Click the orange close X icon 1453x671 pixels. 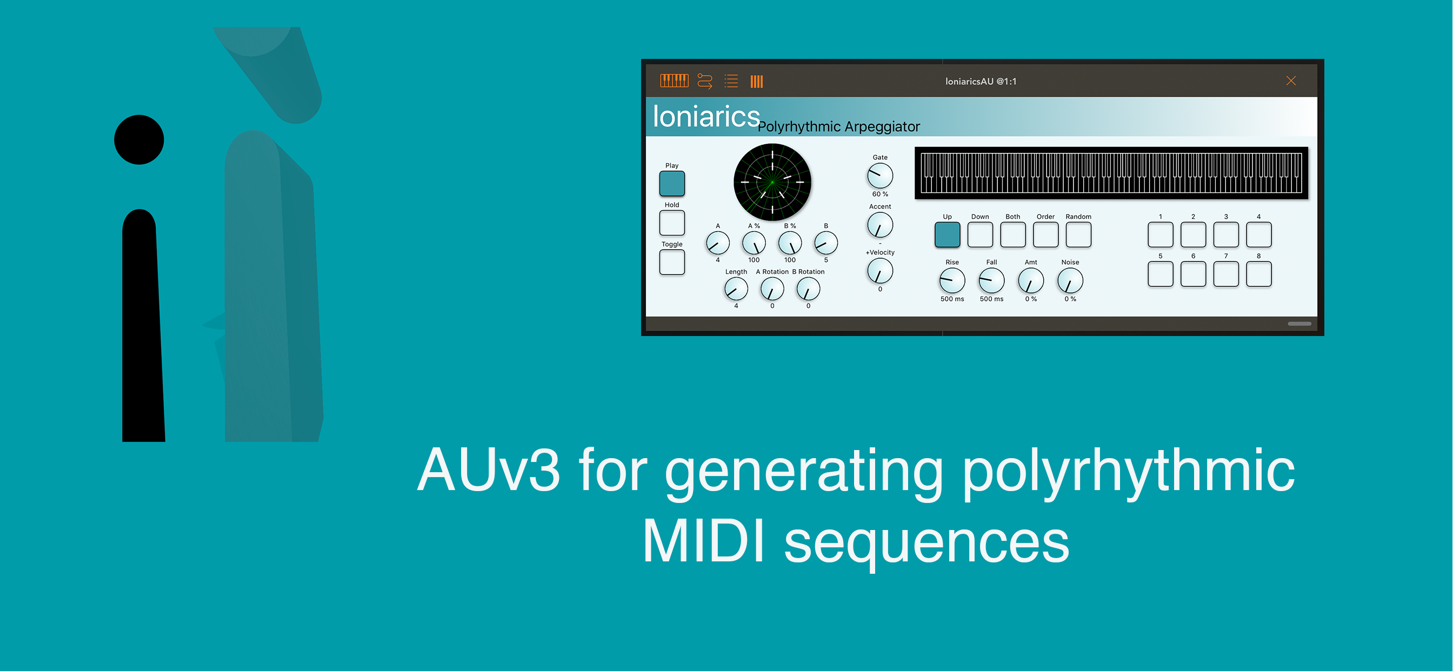[x=1290, y=80]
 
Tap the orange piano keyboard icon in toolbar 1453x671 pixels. [x=674, y=80]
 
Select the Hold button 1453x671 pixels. [x=672, y=223]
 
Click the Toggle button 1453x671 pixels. [x=672, y=262]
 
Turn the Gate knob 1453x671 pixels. [x=880, y=176]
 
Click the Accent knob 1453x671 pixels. [x=880, y=225]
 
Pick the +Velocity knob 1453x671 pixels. [x=880, y=271]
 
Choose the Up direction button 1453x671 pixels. [x=947, y=234]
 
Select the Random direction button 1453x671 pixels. [x=1078, y=234]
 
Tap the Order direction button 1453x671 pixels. [x=1045, y=234]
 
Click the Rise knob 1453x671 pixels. [x=951, y=281]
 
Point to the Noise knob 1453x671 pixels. [x=1069, y=281]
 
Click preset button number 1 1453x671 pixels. [x=1160, y=234]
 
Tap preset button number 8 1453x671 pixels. [x=1258, y=274]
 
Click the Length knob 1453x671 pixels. [x=736, y=289]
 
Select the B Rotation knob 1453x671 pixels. [x=808, y=289]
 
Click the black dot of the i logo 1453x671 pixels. [x=139, y=140]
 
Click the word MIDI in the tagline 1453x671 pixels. [x=703, y=541]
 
